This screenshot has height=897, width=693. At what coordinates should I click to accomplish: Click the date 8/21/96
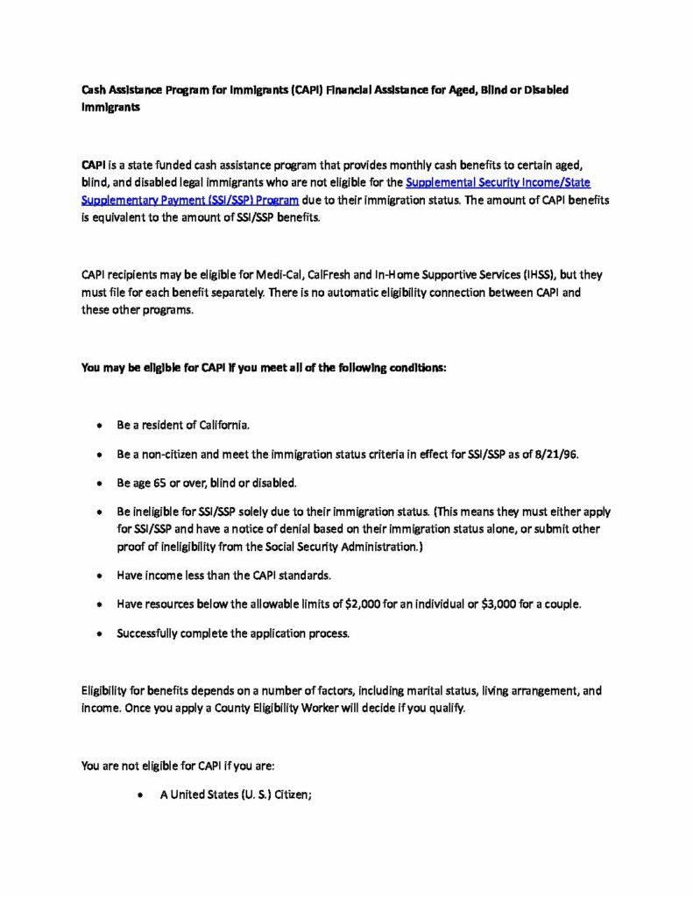coord(557,454)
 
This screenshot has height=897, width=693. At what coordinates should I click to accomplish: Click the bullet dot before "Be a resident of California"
coord(100,426)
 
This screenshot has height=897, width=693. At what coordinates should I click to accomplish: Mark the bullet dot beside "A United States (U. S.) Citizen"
coord(142,795)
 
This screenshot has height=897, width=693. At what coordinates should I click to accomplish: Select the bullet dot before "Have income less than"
coord(100,576)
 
